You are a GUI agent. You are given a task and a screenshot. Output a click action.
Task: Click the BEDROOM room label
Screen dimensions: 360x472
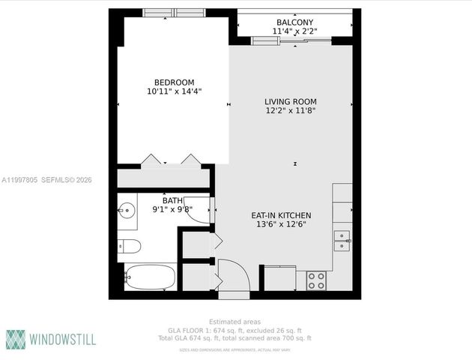[174, 82]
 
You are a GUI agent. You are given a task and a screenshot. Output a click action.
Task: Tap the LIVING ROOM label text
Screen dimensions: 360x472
[290, 102]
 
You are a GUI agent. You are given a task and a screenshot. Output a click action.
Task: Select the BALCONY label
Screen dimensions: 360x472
[294, 22]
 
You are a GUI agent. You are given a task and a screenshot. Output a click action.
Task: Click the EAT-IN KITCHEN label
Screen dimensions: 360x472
[281, 215]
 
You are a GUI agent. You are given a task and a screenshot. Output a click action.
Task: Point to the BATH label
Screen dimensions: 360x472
[172, 200]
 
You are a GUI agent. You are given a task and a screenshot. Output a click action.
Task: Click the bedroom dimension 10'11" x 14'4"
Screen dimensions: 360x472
[174, 91]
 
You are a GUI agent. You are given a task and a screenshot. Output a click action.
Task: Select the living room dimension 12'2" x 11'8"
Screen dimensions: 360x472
[290, 111]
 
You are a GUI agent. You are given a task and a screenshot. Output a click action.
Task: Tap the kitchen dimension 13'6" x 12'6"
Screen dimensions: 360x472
[281, 224]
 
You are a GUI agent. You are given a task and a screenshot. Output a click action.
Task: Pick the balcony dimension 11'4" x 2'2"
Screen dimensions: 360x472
[294, 31]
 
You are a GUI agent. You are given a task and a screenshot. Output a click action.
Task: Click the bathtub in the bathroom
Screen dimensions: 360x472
[150, 277]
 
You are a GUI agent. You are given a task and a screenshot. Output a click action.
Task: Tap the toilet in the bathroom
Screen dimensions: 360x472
[129, 245]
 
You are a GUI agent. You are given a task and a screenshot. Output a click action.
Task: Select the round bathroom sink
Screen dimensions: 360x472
[125, 210]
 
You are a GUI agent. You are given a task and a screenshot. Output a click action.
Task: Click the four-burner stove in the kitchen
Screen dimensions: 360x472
[316, 280]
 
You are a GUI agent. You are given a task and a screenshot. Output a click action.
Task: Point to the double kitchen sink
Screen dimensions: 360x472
[342, 241]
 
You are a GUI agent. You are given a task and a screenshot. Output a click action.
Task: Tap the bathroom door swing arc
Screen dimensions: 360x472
[199, 213]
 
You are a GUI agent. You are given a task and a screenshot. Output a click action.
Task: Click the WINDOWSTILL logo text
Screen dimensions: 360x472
[62, 339]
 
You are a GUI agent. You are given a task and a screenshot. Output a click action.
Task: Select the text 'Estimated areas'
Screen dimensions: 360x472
[235, 322]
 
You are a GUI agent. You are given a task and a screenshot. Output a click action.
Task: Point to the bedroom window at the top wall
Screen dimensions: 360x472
[173, 13]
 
